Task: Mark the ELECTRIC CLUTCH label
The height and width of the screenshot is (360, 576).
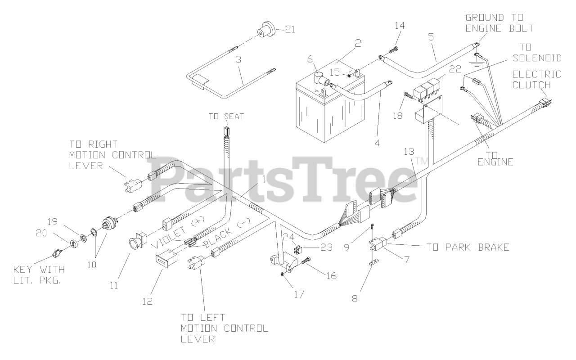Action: [x=544, y=79]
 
